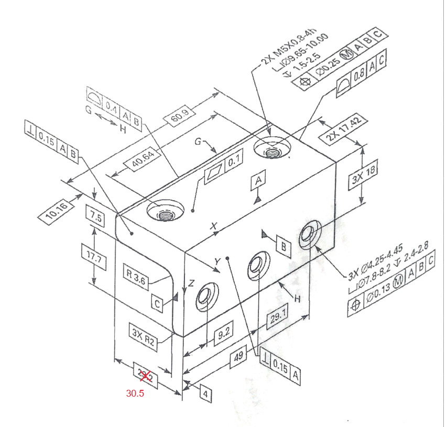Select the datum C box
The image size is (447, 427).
[x=158, y=303]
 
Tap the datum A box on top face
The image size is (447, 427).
[x=258, y=181]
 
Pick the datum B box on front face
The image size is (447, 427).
[x=284, y=247]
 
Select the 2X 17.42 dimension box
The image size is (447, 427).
[x=343, y=130]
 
